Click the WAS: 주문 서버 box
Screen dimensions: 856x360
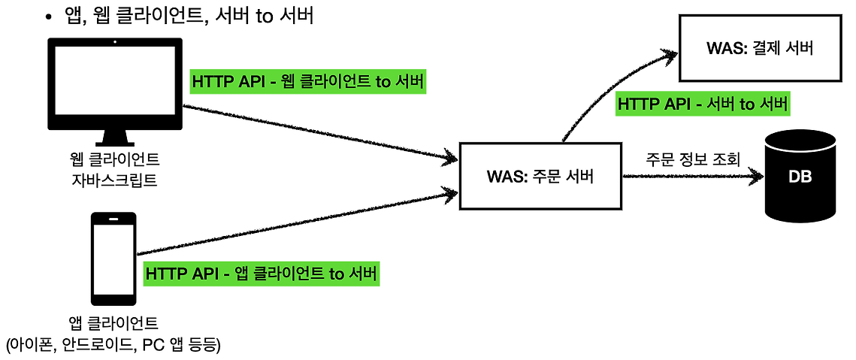coord(540,177)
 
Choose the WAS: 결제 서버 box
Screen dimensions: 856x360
coord(760,49)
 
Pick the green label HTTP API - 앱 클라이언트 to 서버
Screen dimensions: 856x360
coord(262,274)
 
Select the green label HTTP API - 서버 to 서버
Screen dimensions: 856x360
coord(702,104)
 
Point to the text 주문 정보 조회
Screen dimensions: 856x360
coord(693,159)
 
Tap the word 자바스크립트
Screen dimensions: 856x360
coord(114,180)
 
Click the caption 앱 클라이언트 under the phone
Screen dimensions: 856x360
coord(113,325)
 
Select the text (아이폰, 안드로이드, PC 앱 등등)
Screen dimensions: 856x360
coord(113,345)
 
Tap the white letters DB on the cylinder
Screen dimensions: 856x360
coord(800,177)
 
